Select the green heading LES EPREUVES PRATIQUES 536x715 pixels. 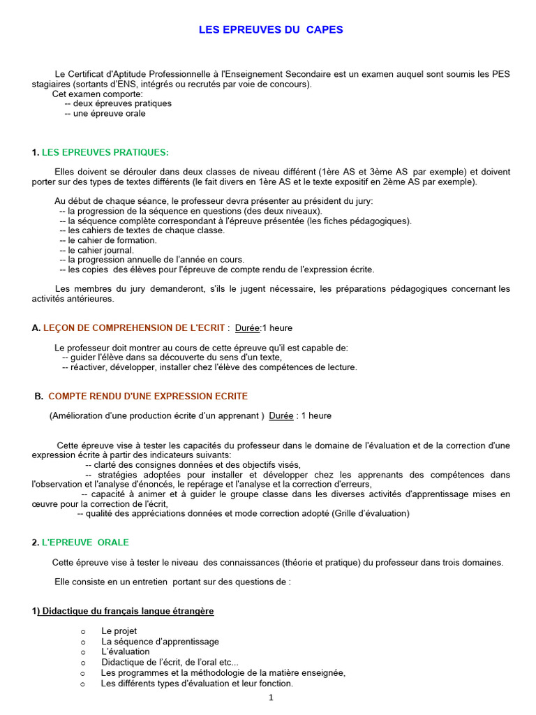(105, 152)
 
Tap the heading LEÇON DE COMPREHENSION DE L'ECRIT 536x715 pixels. (134, 327)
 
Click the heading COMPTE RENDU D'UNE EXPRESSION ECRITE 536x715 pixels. (148, 396)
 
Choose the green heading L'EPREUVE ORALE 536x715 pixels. (85, 543)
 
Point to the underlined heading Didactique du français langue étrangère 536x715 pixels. (126, 611)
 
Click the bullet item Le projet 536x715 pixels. (119, 631)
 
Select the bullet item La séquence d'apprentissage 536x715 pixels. (160, 641)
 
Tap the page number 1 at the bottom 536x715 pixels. (271, 698)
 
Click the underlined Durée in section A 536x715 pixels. (247, 327)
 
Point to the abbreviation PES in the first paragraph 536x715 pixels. (501, 74)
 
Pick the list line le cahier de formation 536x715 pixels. (112, 240)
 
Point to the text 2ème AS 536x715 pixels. (401, 182)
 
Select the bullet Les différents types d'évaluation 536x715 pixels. (197, 684)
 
